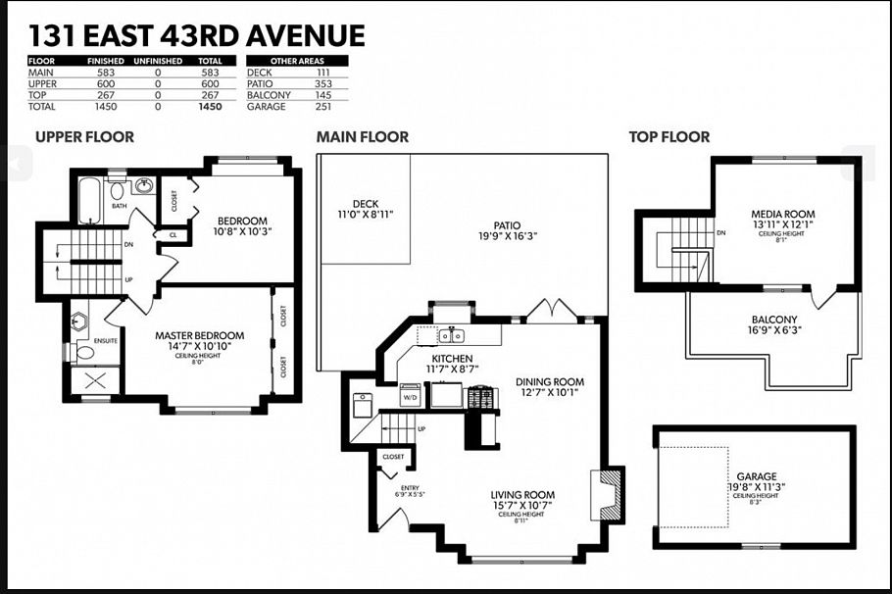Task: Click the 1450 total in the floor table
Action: pos(210,106)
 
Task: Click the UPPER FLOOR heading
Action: pos(84,137)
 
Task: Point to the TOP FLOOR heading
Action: pos(669,137)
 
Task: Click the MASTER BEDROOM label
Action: pos(200,336)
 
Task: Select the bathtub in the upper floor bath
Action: pos(89,200)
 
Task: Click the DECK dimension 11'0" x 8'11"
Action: pos(365,213)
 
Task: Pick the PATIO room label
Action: pos(508,224)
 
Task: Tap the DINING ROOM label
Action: pos(550,382)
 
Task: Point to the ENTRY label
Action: pos(409,487)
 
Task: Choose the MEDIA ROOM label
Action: pos(782,214)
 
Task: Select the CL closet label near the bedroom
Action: pos(173,235)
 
